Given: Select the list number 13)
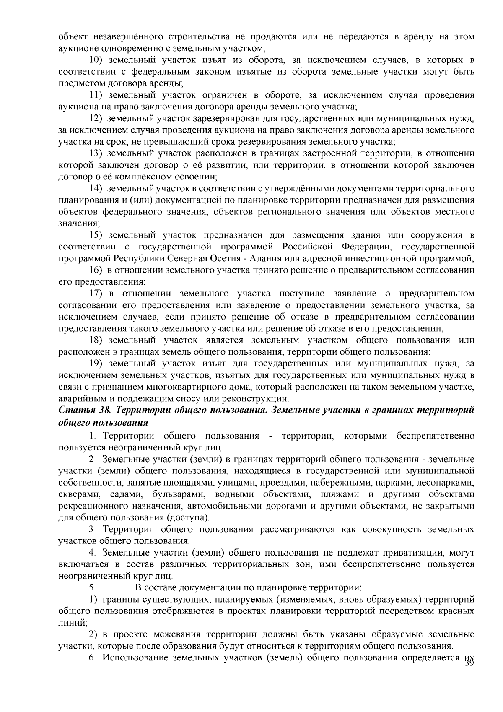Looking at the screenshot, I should coord(97,153).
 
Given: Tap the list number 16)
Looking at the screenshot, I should coord(97,270).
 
